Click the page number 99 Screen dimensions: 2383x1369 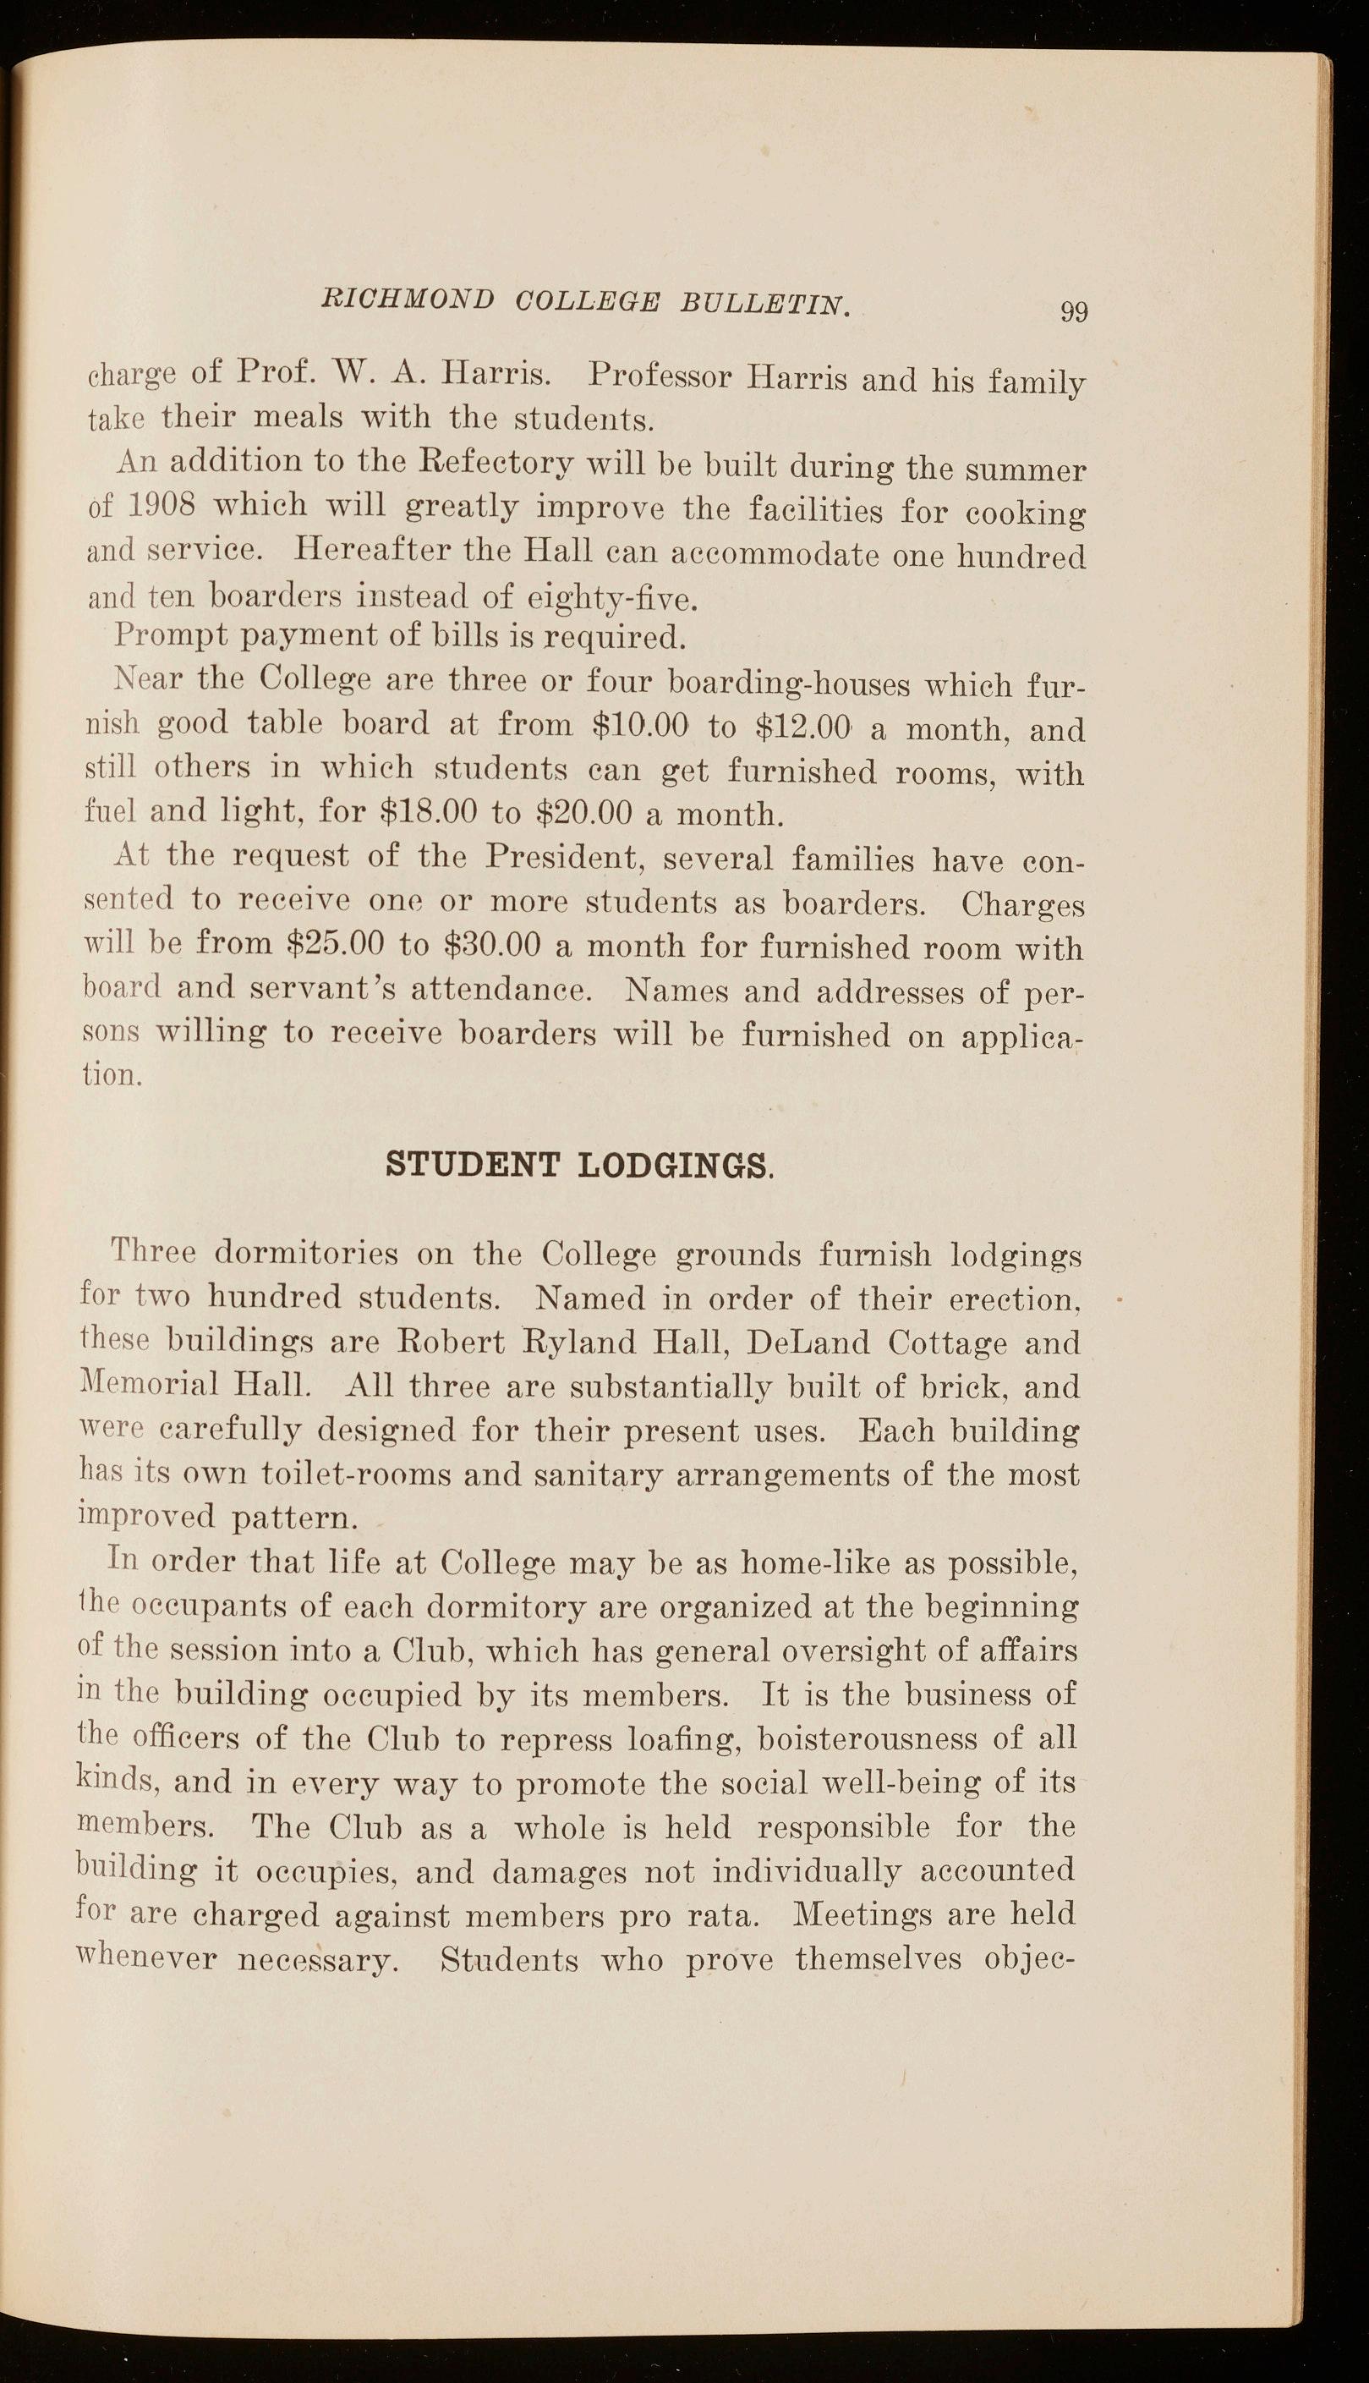point(1074,311)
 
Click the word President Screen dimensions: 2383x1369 point(561,858)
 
